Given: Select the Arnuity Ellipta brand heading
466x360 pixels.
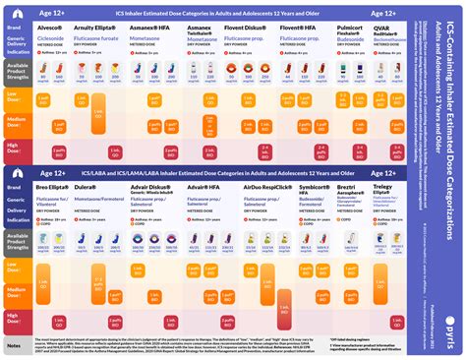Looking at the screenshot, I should [102, 29].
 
